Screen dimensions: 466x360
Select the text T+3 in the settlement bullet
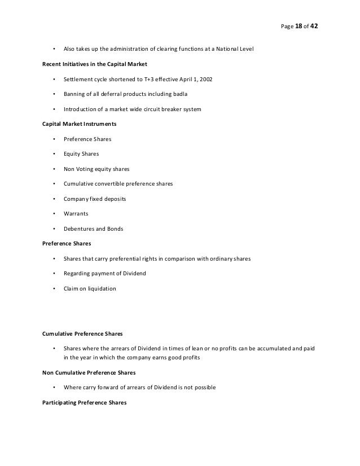[148, 79]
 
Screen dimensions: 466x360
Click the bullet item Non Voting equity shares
[96, 169]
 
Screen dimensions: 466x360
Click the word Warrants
[77, 214]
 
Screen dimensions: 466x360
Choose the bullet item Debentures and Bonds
[94, 228]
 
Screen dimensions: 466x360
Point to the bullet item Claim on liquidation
[90, 288]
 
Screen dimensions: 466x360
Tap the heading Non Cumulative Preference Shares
[92, 373]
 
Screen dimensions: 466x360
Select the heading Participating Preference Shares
[84, 403]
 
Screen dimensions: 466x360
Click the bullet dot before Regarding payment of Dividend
[54, 274]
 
